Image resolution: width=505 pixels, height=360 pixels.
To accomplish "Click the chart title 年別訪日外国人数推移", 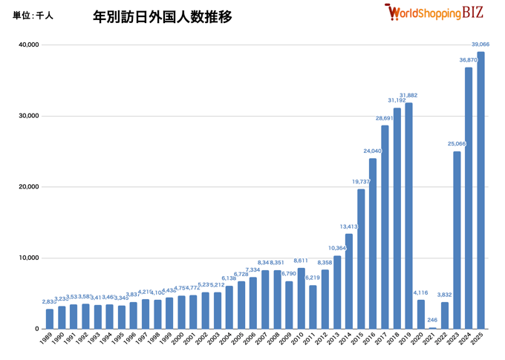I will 162,16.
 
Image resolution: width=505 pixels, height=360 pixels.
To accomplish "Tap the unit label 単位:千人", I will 33,16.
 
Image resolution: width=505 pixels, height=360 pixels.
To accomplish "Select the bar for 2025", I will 480,189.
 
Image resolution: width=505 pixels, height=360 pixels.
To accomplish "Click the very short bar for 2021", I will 433,327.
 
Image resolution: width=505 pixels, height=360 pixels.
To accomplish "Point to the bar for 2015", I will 361,258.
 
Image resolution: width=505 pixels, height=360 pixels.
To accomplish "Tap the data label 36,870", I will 469,60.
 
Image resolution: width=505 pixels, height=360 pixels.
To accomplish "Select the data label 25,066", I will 456,144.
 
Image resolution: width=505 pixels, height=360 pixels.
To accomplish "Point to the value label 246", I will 432,320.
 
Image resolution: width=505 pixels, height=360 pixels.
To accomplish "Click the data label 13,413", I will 349,226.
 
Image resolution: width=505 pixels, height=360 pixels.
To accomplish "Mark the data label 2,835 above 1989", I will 49,301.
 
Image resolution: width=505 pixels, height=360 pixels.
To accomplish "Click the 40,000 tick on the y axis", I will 28,45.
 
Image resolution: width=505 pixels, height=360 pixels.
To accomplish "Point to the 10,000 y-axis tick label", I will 28,258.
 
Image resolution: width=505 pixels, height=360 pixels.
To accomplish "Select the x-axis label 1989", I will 46,340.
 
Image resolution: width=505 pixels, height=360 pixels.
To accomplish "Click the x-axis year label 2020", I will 417,340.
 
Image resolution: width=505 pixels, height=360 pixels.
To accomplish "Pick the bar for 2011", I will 313,307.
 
